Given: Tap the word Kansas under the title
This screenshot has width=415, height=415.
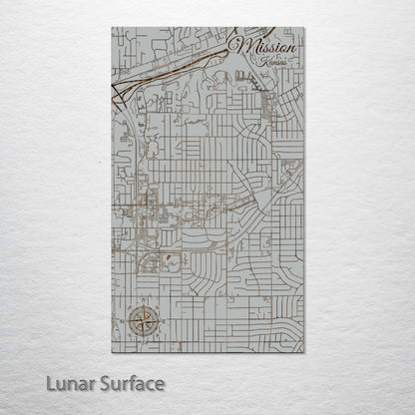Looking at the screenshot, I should [269, 62].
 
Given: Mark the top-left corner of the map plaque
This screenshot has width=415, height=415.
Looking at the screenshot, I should [112, 28].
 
